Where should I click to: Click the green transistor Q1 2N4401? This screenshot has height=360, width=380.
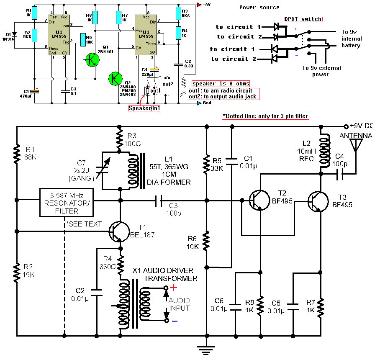pyautogui.click(x=92, y=59)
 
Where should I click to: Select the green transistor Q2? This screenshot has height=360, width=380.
pyautogui.click(x=115, y=78)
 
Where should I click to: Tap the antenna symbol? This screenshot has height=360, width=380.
pyautogui.click(x=356, y=145)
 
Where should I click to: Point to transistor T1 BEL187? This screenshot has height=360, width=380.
pyautogui.click(x=118, y=231)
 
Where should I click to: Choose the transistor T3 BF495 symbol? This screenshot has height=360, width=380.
pyautogui.click(x=318, y=201)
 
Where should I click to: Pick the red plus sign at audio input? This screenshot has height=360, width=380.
pyautogui.click(x=174, y=288)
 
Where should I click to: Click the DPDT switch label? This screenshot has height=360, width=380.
pyautogui.click(x=303, y=19)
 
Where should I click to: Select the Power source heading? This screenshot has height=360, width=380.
pyautogui.click(x=259, y=7)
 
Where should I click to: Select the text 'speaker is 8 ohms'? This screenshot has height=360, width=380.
pyautogui.click(x=221, y=84)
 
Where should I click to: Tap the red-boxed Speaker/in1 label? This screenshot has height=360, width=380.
pyautogui.click(x=144, y=108)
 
